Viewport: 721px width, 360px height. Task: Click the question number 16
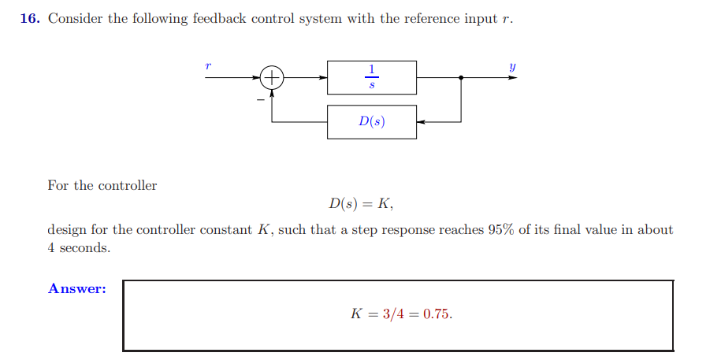pyautogui.click(x=29, y=19)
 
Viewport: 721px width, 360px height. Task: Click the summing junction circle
pyautogui.click(x=272, y=78)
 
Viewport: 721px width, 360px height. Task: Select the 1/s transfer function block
pyautogui.click(x=372, y=78)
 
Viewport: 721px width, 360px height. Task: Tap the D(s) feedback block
pyautogui.click(x=372, y=122)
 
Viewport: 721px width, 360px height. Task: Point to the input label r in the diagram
pyautogui.click(x=208, y=67)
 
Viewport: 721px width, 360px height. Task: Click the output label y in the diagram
pyautogui.click(x=512, y=68)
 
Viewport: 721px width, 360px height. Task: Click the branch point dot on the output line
pyautogui.click(x=461, y=78)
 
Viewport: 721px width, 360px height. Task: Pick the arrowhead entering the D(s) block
pyautogui.click(x=421, y=122)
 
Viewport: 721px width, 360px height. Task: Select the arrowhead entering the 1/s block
pyautogui.click(x=323, y=78)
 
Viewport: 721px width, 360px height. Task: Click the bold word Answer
pyautogui.click(x=77, y=288)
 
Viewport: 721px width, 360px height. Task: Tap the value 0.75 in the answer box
pyautogui.click(x=437, y=314)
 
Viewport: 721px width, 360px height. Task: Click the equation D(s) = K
pyautogui.click(x=361, y=205)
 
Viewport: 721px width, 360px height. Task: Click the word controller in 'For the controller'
pyautogui.click(x=127, y=186)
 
